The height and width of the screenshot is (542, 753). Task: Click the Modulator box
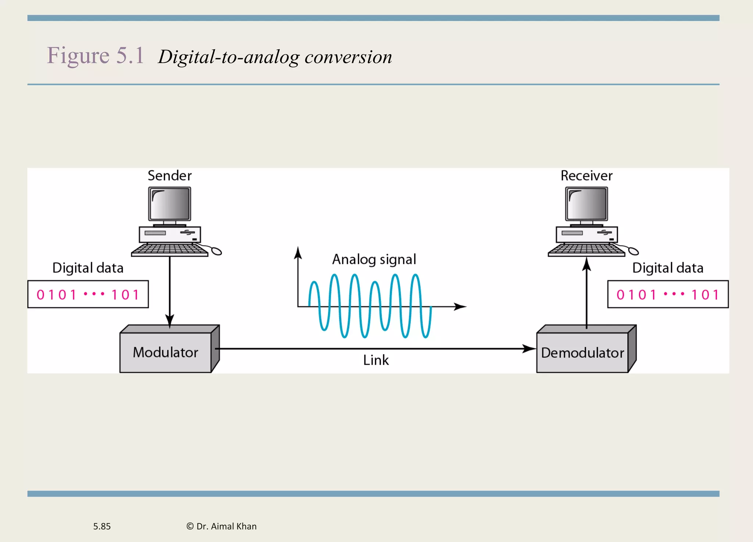tap(165, 352)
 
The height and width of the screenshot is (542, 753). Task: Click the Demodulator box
tap(582, 353)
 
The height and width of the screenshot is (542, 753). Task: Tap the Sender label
tap(169, 176)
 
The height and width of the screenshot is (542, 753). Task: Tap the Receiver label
tap(586, 176)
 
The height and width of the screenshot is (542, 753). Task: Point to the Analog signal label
tap(374, 259)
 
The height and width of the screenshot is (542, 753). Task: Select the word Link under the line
tap(376, 360)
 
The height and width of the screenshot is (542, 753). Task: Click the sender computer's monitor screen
tap(169, 203)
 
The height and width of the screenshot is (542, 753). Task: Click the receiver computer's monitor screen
tap(586, 203)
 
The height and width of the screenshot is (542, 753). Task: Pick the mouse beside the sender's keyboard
tap(216, 251)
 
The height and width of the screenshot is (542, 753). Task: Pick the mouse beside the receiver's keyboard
tap(633, 251)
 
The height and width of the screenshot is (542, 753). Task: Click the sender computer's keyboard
tap(169, 250)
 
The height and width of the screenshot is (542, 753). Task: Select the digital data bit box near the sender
tap(88, 294)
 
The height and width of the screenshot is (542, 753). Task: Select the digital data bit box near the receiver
tap(668, 294)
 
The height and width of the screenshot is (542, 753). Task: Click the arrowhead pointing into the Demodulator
tap(529, 348)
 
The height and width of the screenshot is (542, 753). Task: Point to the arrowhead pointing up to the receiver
tap(586, 264)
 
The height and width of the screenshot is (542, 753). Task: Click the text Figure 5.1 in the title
tap(95, 56)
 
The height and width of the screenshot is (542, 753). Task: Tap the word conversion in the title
tap(348, 57)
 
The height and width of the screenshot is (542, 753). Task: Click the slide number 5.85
tap(102, 526)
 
